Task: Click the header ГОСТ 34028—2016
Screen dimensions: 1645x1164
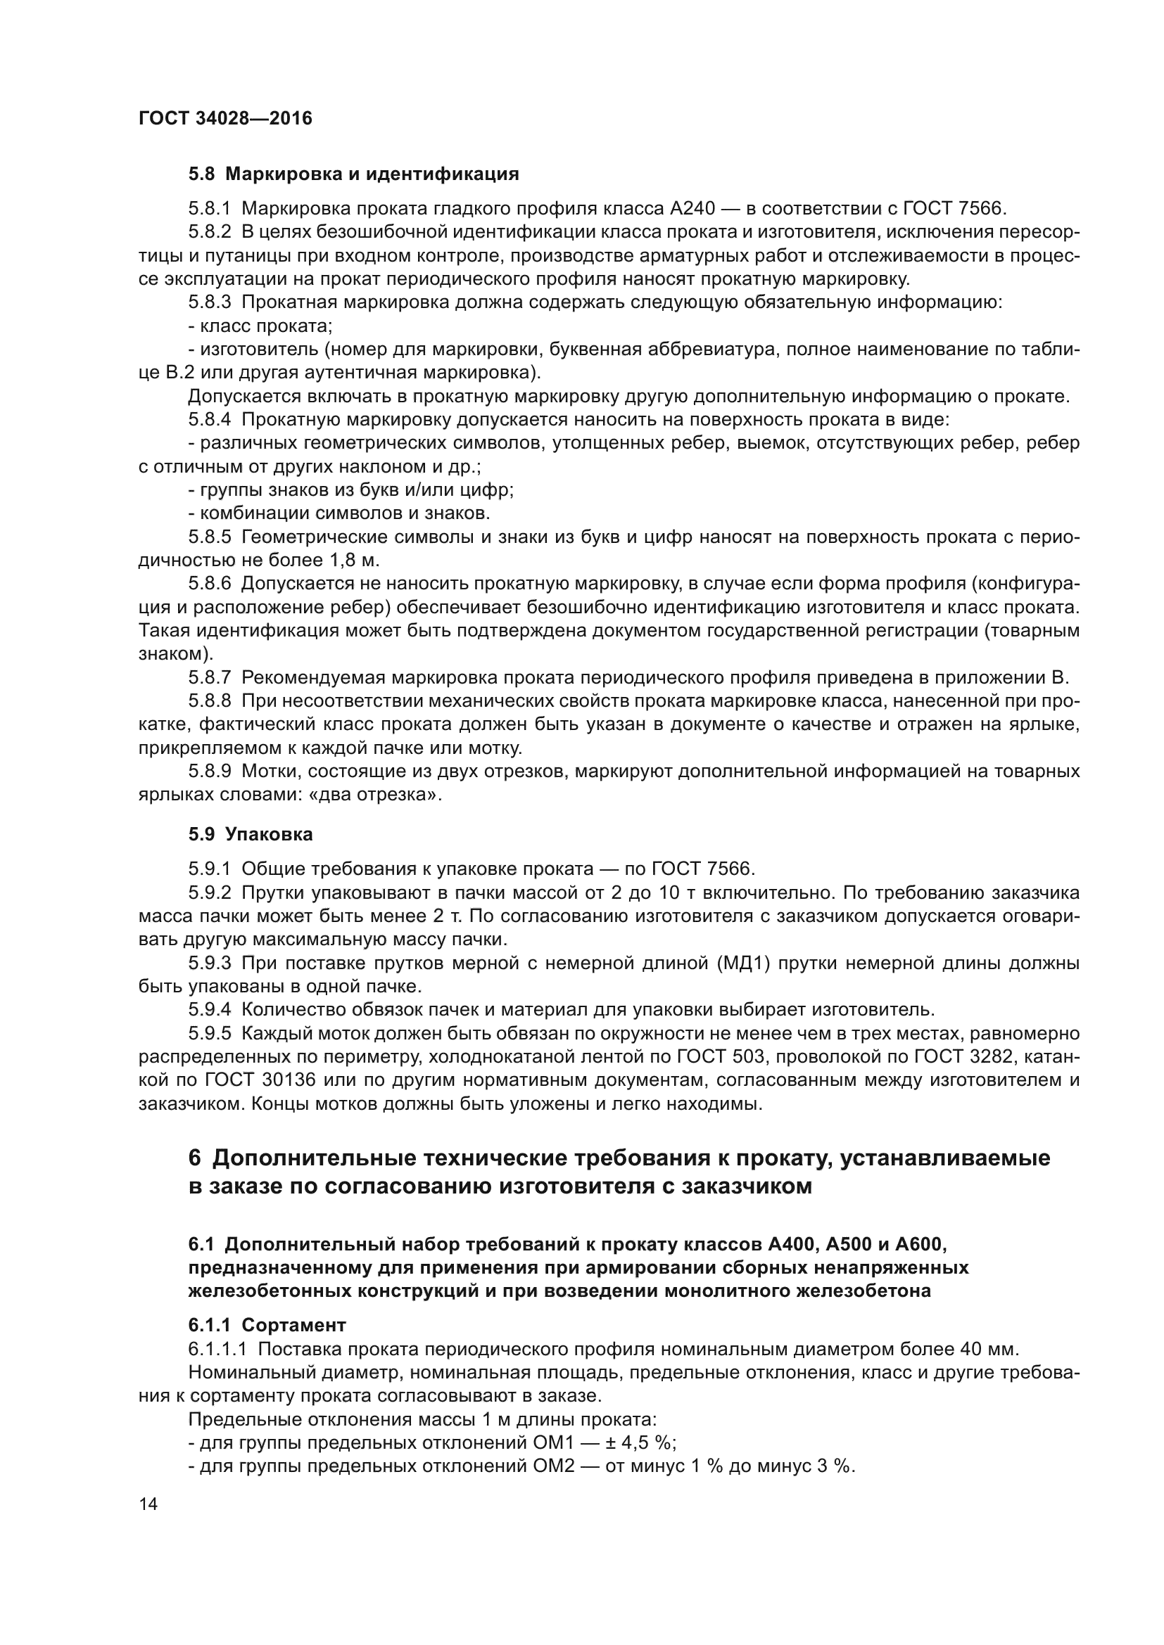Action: click(225, 118)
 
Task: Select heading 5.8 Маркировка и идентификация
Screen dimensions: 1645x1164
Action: click(353, 174)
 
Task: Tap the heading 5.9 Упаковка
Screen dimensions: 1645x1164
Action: click(250, 834)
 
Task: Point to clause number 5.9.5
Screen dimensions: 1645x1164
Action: click(209, 1033)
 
